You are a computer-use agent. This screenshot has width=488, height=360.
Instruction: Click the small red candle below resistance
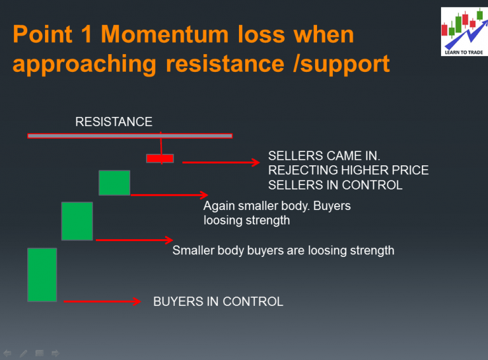(x=159, y=158)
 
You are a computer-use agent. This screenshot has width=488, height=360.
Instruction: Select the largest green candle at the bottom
(x=42, y=275)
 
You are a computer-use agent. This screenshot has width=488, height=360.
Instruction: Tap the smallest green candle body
(x=114, y=183)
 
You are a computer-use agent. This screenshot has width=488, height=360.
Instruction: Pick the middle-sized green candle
(x=77, y=221)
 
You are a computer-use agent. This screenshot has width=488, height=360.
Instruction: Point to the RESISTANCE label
(x=114, y=122)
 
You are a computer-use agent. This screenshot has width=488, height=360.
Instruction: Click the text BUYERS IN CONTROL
(x=218, y=301)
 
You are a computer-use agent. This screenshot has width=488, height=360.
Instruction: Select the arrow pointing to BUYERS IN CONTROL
(x=102, y=301)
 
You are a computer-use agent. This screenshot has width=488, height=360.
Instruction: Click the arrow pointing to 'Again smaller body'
(x=169, y=195)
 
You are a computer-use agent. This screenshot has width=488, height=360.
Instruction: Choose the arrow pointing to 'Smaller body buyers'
(x=133, y=240)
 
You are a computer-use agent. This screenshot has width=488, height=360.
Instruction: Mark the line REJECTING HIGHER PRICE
(x=348, y=170)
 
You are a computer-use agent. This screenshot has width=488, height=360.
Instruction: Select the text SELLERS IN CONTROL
(x=335, y=185)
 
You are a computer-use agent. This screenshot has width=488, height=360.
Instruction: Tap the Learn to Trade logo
(x=463, y=31)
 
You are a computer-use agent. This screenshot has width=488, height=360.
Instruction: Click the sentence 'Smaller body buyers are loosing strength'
(x=283, y=251)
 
